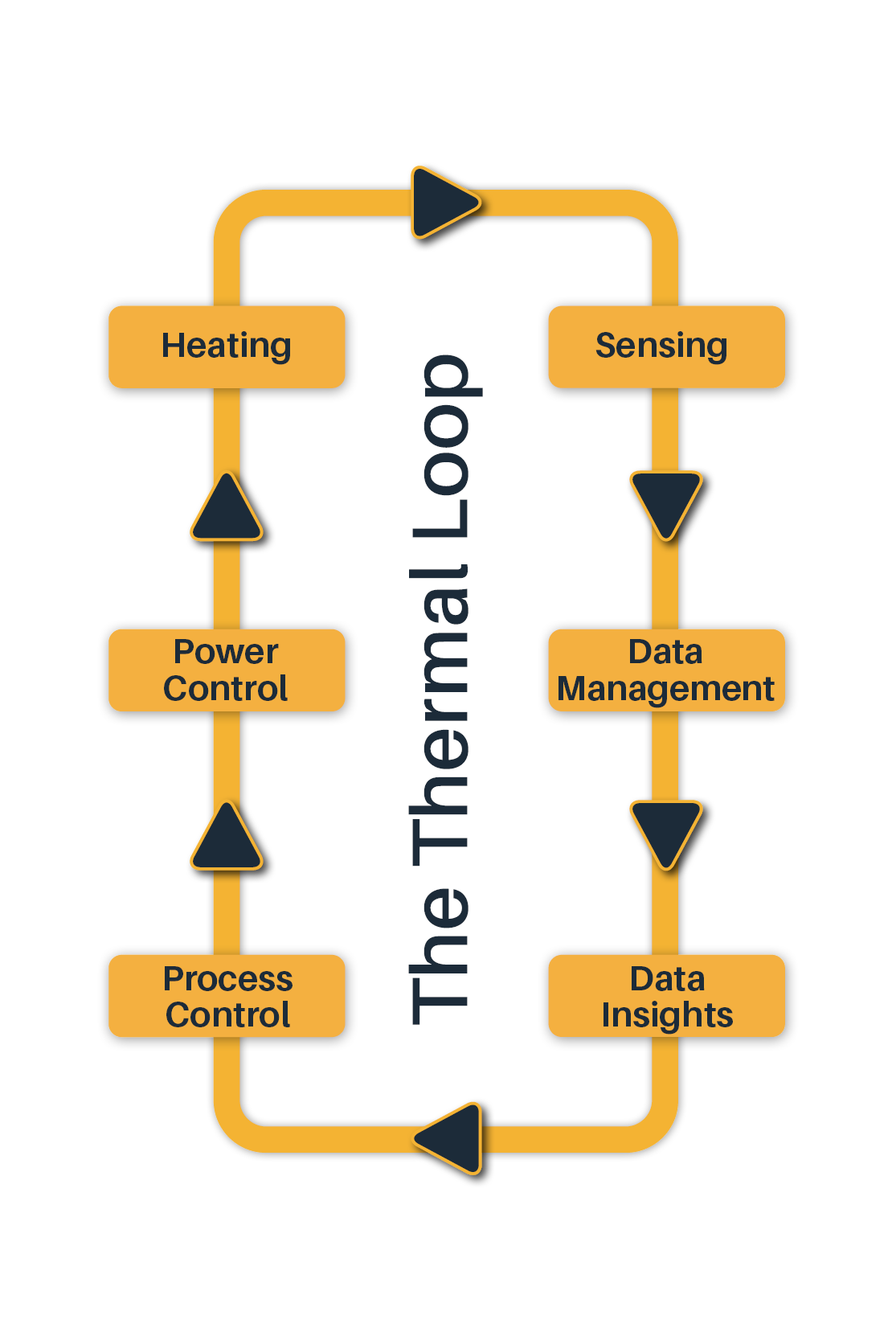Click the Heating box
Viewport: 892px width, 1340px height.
coord(226,346)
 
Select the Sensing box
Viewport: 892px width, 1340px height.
coord(665,346)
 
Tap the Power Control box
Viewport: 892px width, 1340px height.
coord(226,670)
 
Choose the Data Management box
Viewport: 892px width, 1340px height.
coord(665,670)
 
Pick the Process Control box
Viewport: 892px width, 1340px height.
coord(226,996)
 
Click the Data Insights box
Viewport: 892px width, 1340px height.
coord(665,996)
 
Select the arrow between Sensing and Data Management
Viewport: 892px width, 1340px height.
coord(666,501)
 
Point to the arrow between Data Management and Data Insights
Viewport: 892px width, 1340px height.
coord(666,830)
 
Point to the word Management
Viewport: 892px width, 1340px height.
coord(665,690)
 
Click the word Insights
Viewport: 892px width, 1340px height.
coord(667,1015)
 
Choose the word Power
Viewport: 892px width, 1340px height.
coord(226,652)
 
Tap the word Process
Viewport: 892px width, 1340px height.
coord(228,979)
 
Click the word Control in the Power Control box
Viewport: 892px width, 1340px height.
coord(226,689)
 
